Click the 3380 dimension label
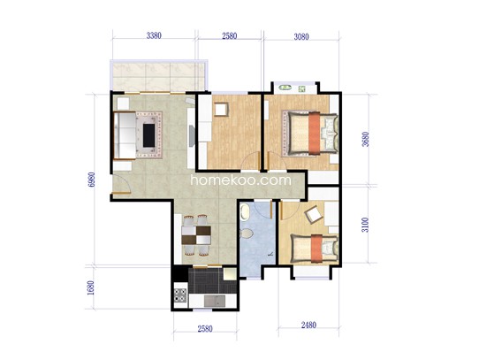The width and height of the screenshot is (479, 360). [x=154, y=35]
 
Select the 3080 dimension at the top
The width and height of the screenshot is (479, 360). [x=301, y=37]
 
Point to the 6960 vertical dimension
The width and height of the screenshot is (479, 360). [x=91, y=180]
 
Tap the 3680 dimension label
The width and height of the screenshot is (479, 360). [x=365, y=139]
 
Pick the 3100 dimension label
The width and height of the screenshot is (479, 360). [x=365, y=225]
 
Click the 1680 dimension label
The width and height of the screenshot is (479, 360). [x=91, y=288]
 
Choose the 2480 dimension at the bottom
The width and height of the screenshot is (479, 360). [x=308, y=325]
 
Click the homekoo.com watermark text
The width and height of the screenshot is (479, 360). [x=241, y=180]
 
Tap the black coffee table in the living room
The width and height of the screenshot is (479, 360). [x=148, y=135]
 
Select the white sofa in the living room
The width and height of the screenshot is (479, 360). [x=125, y=135]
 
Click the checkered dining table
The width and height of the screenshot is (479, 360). [x=196, y=235]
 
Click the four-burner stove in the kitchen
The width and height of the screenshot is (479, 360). [x=180, y=295]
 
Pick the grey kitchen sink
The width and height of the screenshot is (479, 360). [x=215, y=301]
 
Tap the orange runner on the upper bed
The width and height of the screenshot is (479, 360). [x=315, y=134]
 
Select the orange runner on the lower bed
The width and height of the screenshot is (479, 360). [x=316, y=248]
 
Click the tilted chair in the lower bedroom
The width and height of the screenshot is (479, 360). [x=315, y=215]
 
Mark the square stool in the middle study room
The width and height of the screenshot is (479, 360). [x=221, y=109]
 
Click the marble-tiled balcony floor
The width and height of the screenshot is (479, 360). [x=159, y=76]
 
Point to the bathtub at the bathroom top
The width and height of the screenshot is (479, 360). [x=244, y=212]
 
